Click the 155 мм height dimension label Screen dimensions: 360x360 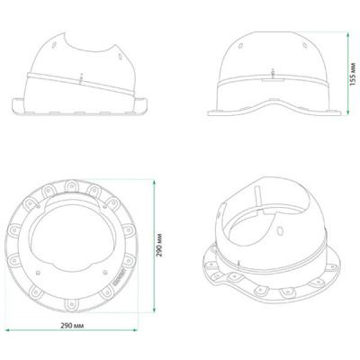[x=353, y=74]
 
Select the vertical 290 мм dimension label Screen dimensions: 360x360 [x=159, y=245]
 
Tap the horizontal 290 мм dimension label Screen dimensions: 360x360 [x=72, y=325]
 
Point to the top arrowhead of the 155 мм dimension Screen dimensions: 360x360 [x=348, y=35]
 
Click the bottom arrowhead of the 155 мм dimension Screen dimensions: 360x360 [x=348, y=112]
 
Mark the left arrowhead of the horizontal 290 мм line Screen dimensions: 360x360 [x=8, y=330]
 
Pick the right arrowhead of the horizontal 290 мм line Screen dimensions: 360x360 [x=135, y=330]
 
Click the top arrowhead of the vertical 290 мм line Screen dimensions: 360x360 [x=154, y=183]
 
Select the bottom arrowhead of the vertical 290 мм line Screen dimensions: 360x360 [x=154, y=310]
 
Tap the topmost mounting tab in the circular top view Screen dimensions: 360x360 [x=72, y=185]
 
